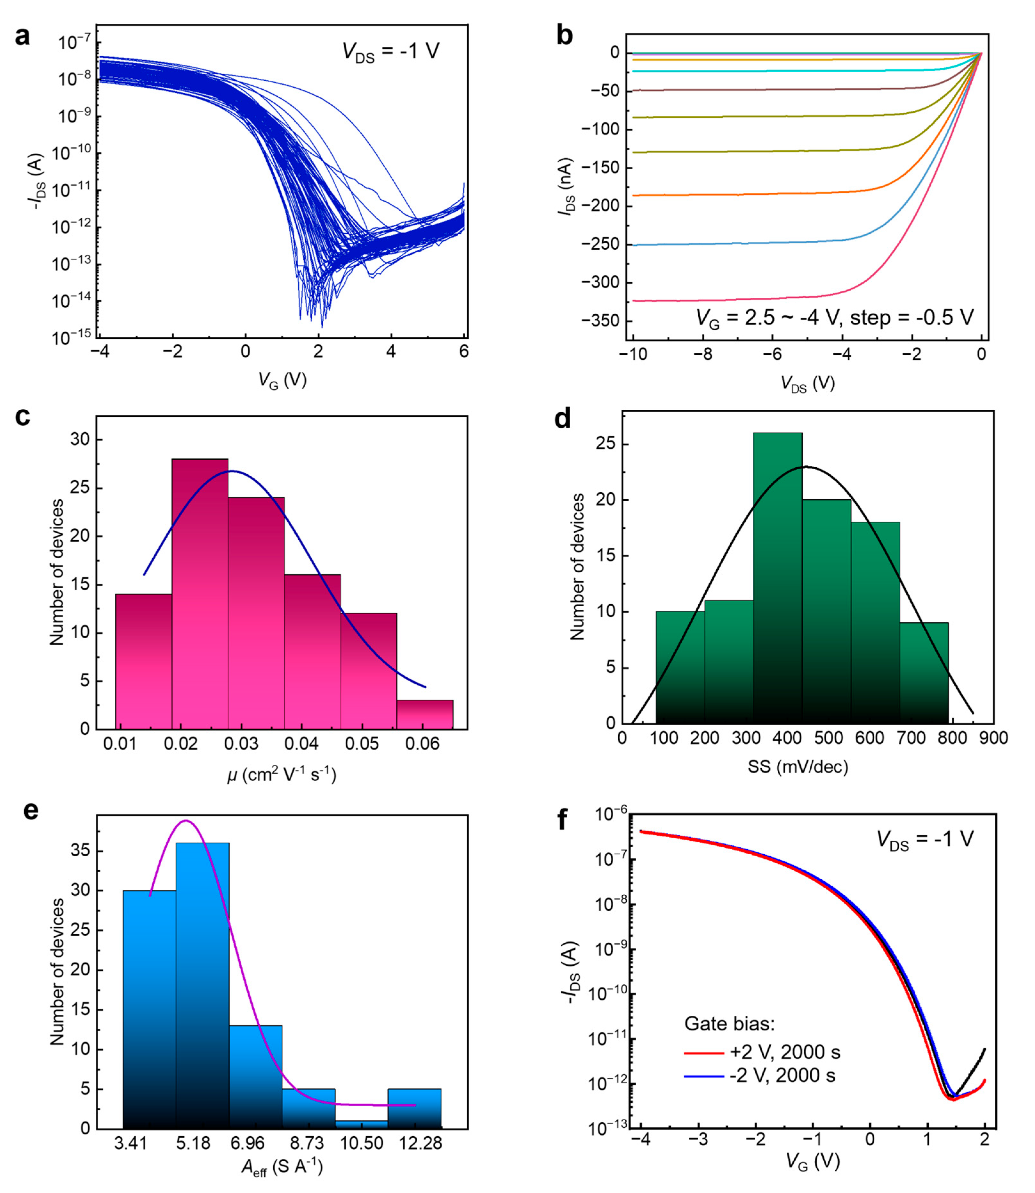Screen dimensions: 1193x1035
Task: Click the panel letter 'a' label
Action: pos(22,37)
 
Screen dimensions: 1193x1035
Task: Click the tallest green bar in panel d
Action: pos(777,578)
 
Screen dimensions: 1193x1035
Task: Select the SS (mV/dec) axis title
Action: pos(798,767)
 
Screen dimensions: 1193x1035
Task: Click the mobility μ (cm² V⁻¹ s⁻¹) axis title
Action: pos(281,774)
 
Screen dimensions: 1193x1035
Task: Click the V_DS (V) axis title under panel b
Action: pos(807,383)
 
